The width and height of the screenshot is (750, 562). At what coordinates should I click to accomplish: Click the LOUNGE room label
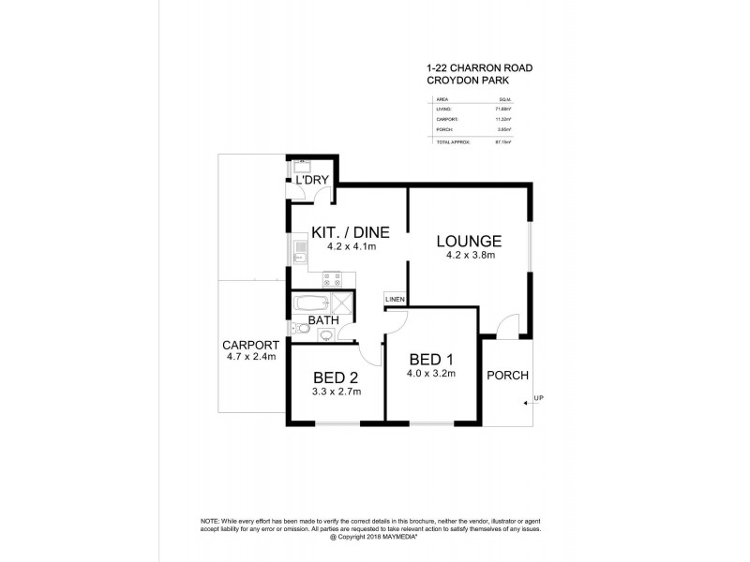(469, 241)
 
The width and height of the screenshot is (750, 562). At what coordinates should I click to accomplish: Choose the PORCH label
(507, 376)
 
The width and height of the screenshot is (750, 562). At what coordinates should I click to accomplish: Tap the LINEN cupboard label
(394, 300)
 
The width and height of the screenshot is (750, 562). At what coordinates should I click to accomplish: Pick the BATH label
(322, 320)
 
